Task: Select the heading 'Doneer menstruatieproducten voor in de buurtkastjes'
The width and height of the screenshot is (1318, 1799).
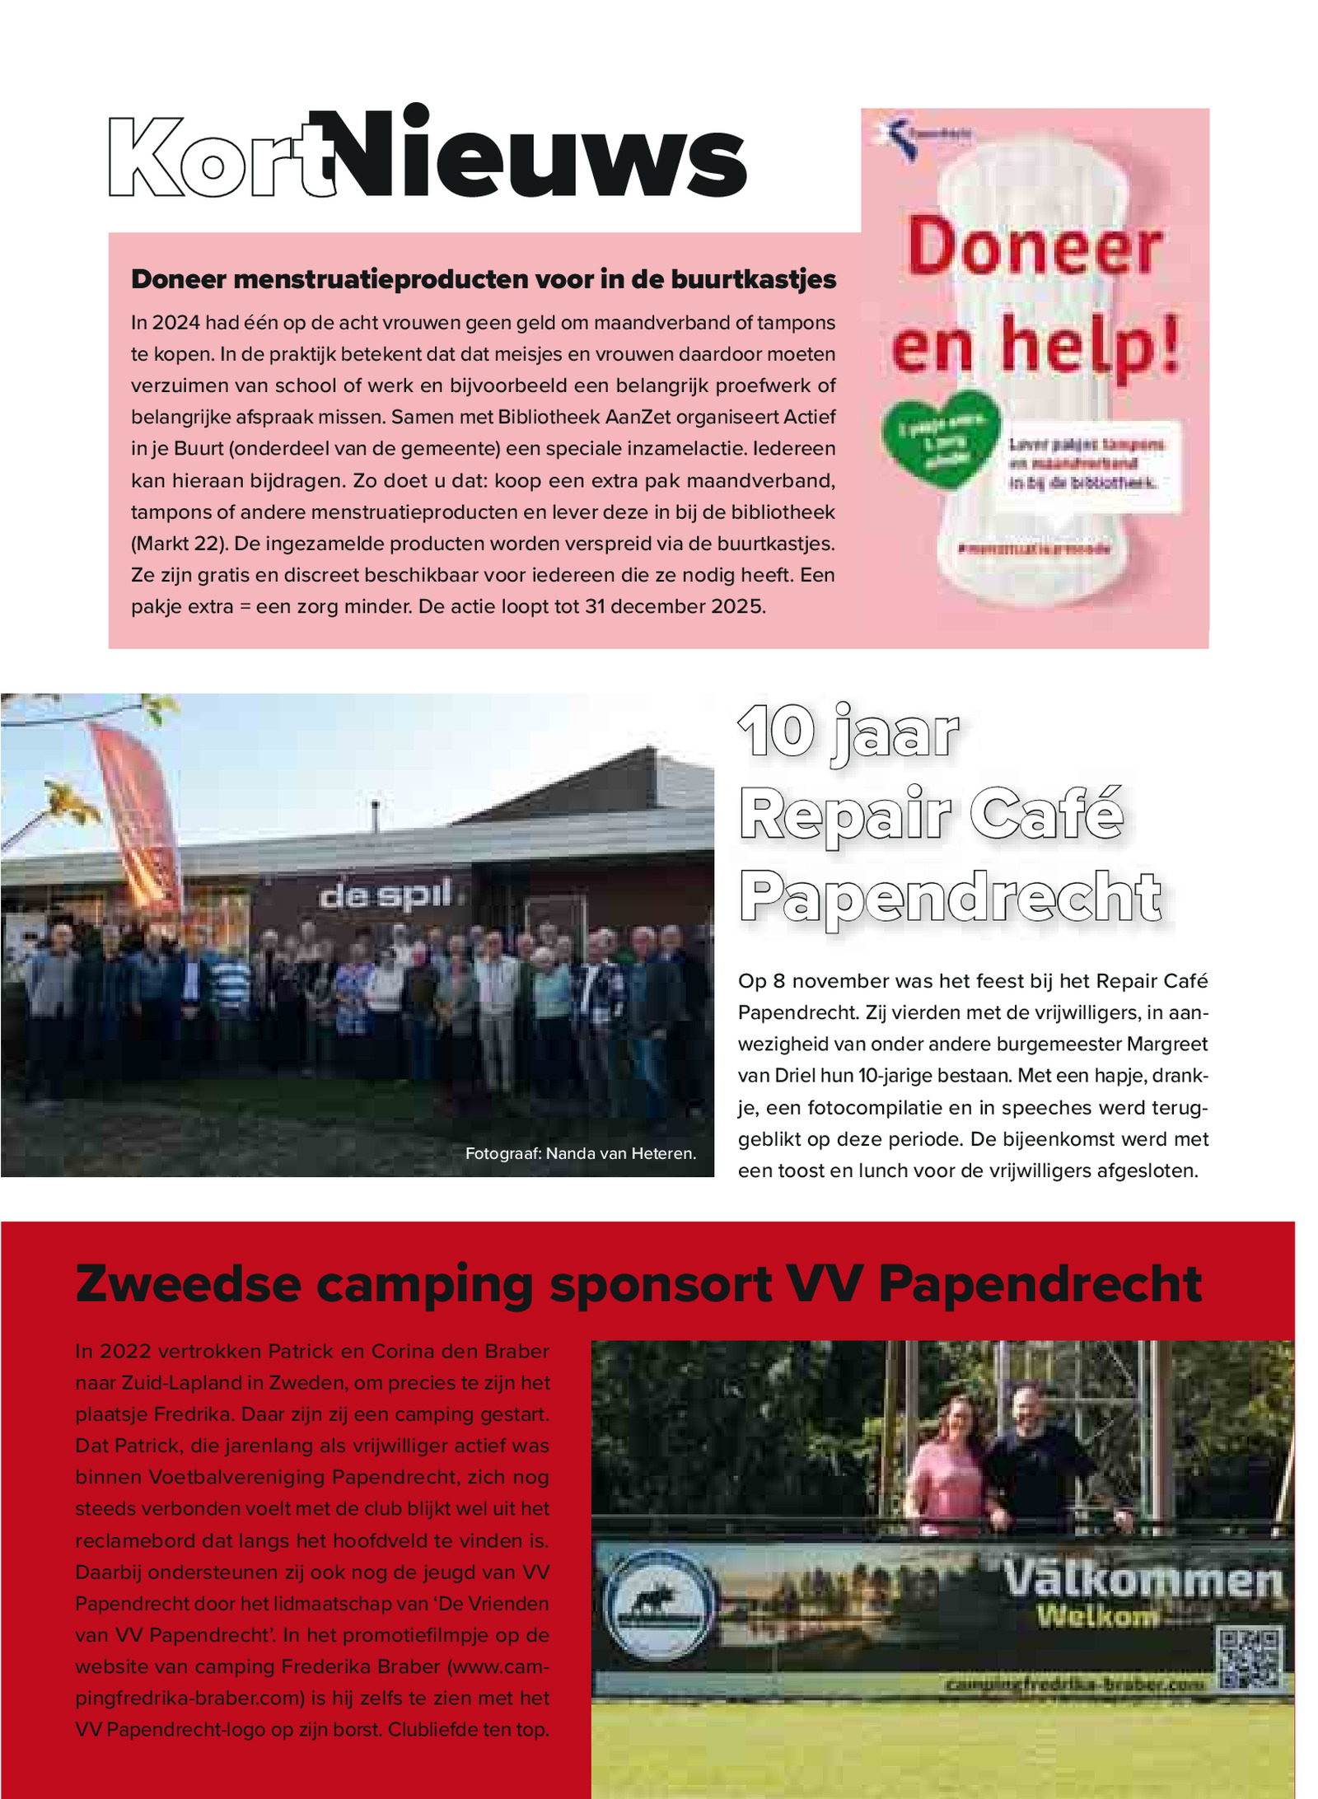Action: point(484,279)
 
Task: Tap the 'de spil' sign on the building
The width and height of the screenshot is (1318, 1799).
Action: point(386,895)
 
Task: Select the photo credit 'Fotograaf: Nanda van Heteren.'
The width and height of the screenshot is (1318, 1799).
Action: point(580,1153)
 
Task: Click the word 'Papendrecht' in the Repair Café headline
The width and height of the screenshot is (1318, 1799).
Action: point(951,897)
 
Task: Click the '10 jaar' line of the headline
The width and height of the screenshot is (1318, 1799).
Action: point(848,732)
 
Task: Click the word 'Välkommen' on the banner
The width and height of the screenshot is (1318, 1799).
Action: point(1143,1580)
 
